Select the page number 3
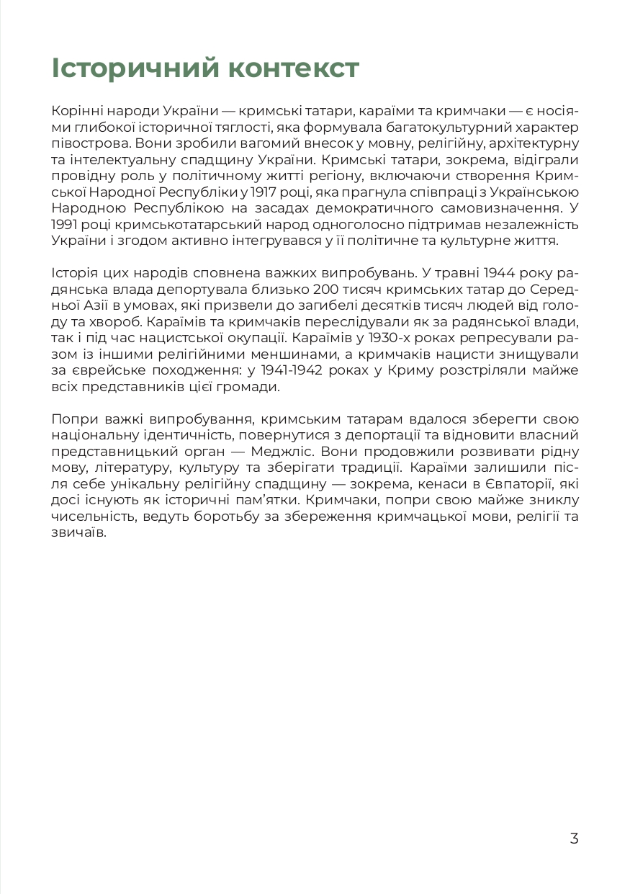click(x=574, y=839)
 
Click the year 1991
click(x=67, y=224)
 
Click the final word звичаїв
click(x=79, y=533)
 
